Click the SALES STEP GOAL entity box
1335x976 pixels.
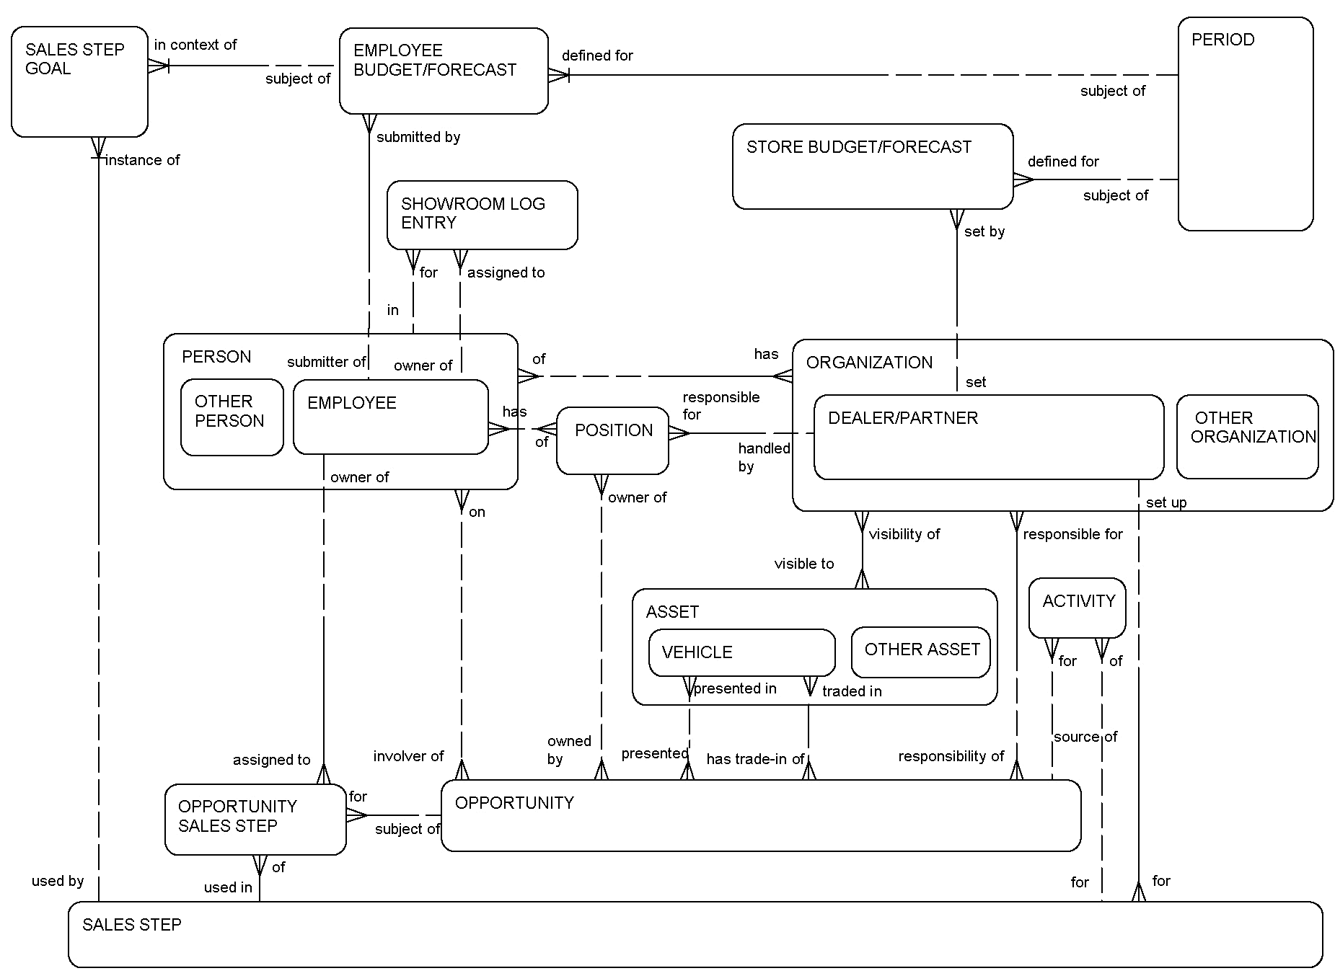pos(79,81)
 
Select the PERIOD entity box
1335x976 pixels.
pos(1245,124)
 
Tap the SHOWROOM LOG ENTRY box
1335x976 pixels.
pos(482,214)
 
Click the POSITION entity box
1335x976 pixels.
pos(612,440)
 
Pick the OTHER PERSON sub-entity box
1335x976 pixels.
pos(232,417)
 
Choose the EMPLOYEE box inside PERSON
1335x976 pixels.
pos(390,417)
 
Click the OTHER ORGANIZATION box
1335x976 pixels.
pos(1247,436)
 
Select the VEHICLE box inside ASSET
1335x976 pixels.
pos(741,652)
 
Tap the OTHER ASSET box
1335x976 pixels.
pos(920,651)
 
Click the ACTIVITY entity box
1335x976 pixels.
pos(1077,607)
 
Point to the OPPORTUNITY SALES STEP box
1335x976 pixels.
pos(255,819)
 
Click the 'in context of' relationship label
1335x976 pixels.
pos(195,45)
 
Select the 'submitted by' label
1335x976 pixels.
pos(418,137)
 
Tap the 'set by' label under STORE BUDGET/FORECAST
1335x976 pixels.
pos(984,231)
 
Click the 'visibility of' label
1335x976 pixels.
pos(904,534)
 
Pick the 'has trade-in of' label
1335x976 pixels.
pos(754,759)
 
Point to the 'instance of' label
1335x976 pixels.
pos(142,160)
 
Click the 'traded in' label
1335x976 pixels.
pos(851,691)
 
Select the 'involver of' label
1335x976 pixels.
pos(407,756)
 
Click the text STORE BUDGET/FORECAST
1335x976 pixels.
pos(858,147)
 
